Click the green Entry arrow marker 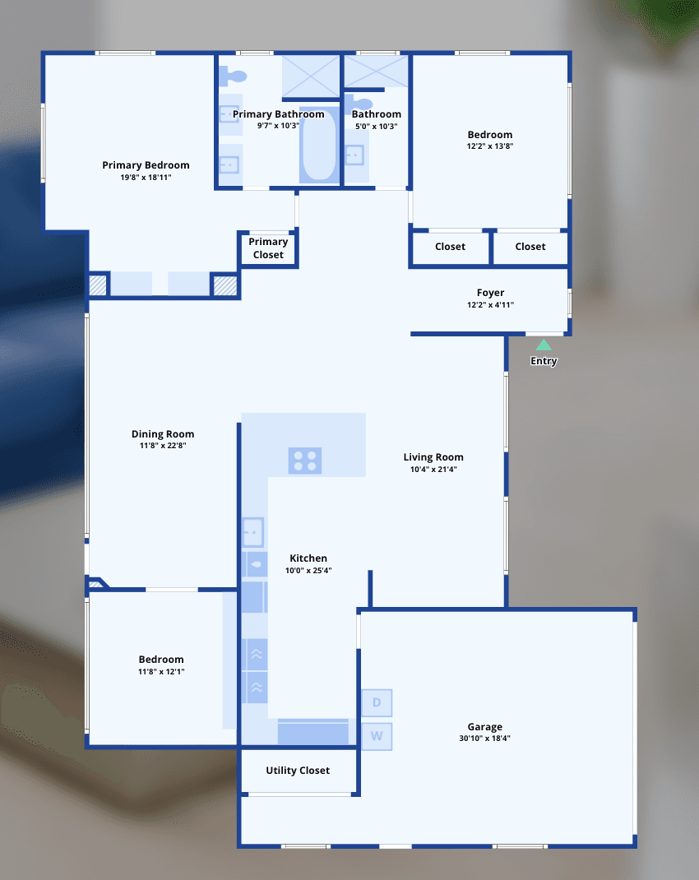pos(544,345)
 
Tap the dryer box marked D pos(377,702)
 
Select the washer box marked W pos(377,736)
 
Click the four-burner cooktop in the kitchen pos(304,461)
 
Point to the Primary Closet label pos(268,248)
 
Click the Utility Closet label pos(298,771)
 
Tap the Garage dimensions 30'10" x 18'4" pos(484,739)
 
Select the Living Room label pos(433,457)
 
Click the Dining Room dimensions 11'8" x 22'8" pos(163,446)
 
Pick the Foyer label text pos(490,293)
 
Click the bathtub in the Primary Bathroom pos(318,145)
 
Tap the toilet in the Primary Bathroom pos(233,76)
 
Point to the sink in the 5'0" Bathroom pos(354,155)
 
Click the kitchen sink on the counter pos(252,532)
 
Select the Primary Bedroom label pos(146,165)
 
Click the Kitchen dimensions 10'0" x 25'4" pos(308,571)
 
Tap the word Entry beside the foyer pos(544,361)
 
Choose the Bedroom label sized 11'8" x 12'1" pos(161,660)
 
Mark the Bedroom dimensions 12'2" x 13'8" pos(490,146)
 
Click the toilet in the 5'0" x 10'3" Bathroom pos(359,104)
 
